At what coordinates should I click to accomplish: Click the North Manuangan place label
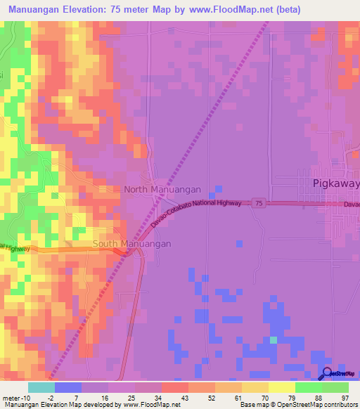(x=162, y=190)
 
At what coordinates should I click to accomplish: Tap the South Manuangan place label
(x=132, y=244)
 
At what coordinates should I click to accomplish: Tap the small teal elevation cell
(x=274, y=340)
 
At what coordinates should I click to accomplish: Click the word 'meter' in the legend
(x=11, y=397)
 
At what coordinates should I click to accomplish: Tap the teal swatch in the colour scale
(x=41, y=387)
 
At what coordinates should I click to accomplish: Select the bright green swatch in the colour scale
(x=309, y=387)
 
